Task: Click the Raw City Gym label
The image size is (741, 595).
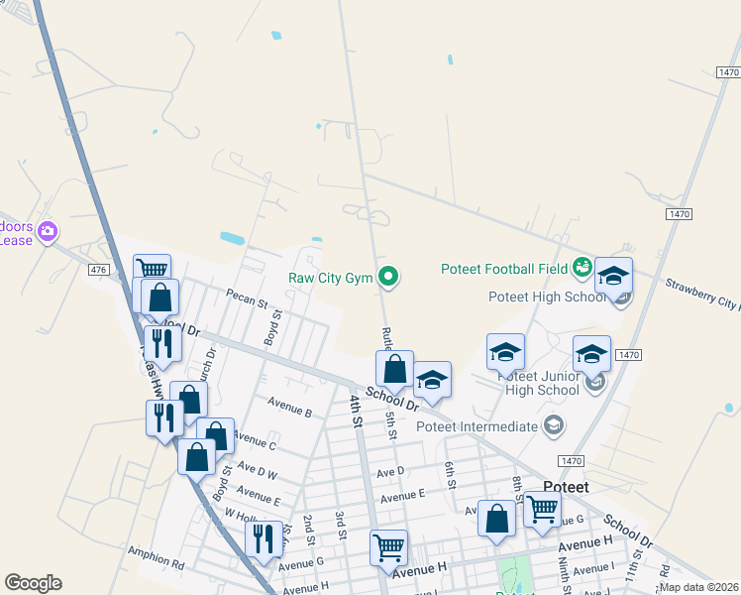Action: (330, 279)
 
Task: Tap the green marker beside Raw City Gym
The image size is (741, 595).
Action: (389, 278)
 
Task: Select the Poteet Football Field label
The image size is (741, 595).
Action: (504, 269)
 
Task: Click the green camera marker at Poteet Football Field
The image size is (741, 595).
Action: (582, 267)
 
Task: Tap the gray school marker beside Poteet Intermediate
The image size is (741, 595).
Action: (554, 426)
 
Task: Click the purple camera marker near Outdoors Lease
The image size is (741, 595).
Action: (48, 233)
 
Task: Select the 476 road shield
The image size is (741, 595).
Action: (97, 270)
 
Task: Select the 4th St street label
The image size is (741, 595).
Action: (356, 409)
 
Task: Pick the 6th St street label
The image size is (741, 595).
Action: (450, 475)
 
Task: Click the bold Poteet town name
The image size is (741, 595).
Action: (567, 487)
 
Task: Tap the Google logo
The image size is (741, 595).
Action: (33, 583)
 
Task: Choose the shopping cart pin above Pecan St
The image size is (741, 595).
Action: (152, 271)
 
